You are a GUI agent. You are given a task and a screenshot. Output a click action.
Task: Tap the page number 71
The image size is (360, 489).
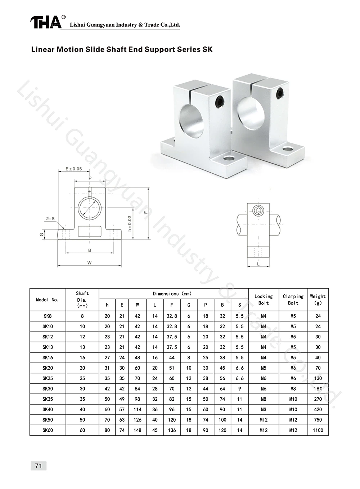pos(39,466)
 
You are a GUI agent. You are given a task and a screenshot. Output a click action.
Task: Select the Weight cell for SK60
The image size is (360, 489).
pos(318,430)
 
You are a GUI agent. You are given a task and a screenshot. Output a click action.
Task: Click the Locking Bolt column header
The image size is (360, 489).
pos(264,299)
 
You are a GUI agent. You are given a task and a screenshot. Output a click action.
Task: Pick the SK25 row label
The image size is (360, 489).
pos(48,378)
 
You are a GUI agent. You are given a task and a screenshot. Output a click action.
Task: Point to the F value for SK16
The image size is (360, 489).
pos(172,357)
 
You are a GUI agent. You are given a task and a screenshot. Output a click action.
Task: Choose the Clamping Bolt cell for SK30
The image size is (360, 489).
pos(293,388)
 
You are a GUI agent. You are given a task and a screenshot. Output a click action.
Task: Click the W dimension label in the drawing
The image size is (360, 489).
pos(89,263)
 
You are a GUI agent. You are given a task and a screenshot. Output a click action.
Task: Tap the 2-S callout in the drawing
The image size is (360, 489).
pos(50,218)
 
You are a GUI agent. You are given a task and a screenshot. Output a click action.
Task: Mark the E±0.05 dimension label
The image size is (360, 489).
pos(74,169)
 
